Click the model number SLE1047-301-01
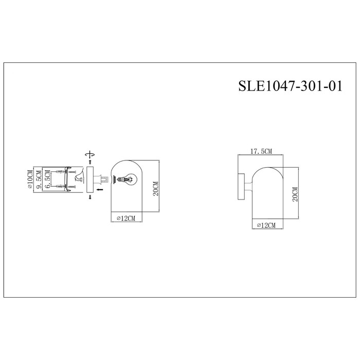291,86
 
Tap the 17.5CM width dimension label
261,151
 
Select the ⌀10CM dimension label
30,179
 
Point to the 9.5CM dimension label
39,179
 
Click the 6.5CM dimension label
47,179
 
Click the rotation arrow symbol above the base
90,154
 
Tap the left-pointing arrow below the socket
100,189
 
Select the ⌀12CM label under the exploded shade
126,219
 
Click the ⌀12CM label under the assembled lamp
266,225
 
